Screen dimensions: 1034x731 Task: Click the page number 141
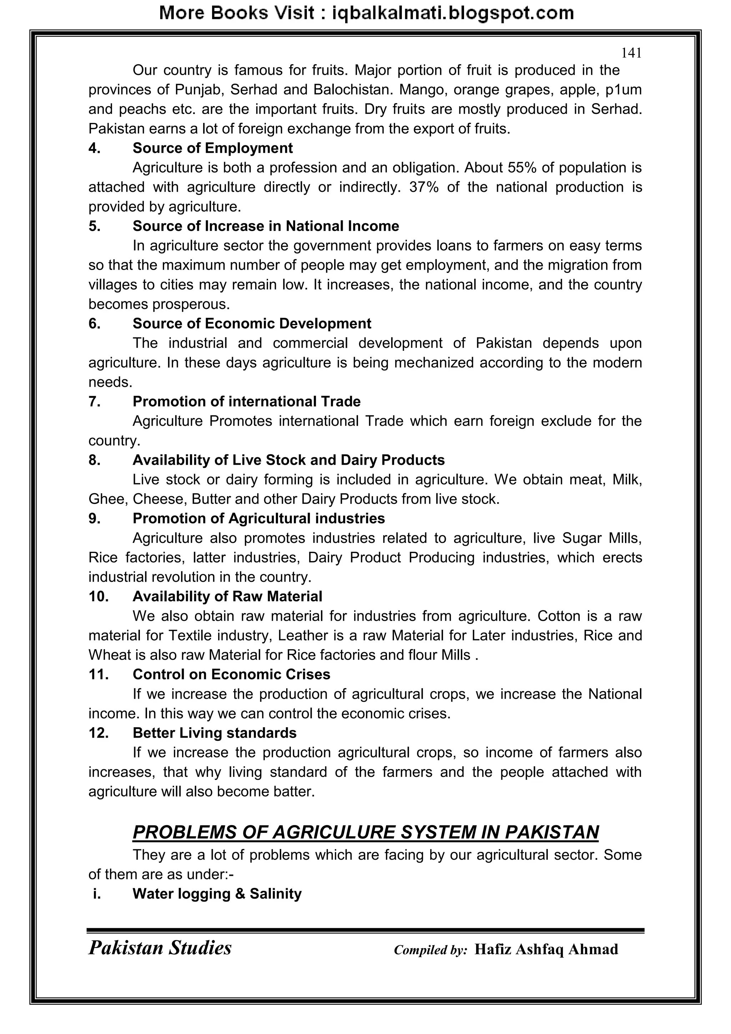click(x=631, y=53)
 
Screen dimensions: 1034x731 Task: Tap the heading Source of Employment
click(x=212, y=148)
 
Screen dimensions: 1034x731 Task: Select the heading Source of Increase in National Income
click(x=266, y=226)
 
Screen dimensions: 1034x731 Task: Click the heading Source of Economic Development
click(x=252, y=323)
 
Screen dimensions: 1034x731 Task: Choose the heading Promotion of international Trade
click(x=246, y=401)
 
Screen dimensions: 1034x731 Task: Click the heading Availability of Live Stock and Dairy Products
click(x=288, y=460)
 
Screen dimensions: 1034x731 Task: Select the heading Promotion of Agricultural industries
click(x=258, y=518)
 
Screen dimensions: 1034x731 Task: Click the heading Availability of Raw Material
click(x=227, y=596)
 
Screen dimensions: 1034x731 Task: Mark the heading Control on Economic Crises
click(x=231, y=674)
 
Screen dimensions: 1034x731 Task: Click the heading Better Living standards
click(x=214, y=733)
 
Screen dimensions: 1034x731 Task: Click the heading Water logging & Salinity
click(x=217, y=894)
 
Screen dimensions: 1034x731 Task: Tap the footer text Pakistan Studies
click(x=160, y=948)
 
